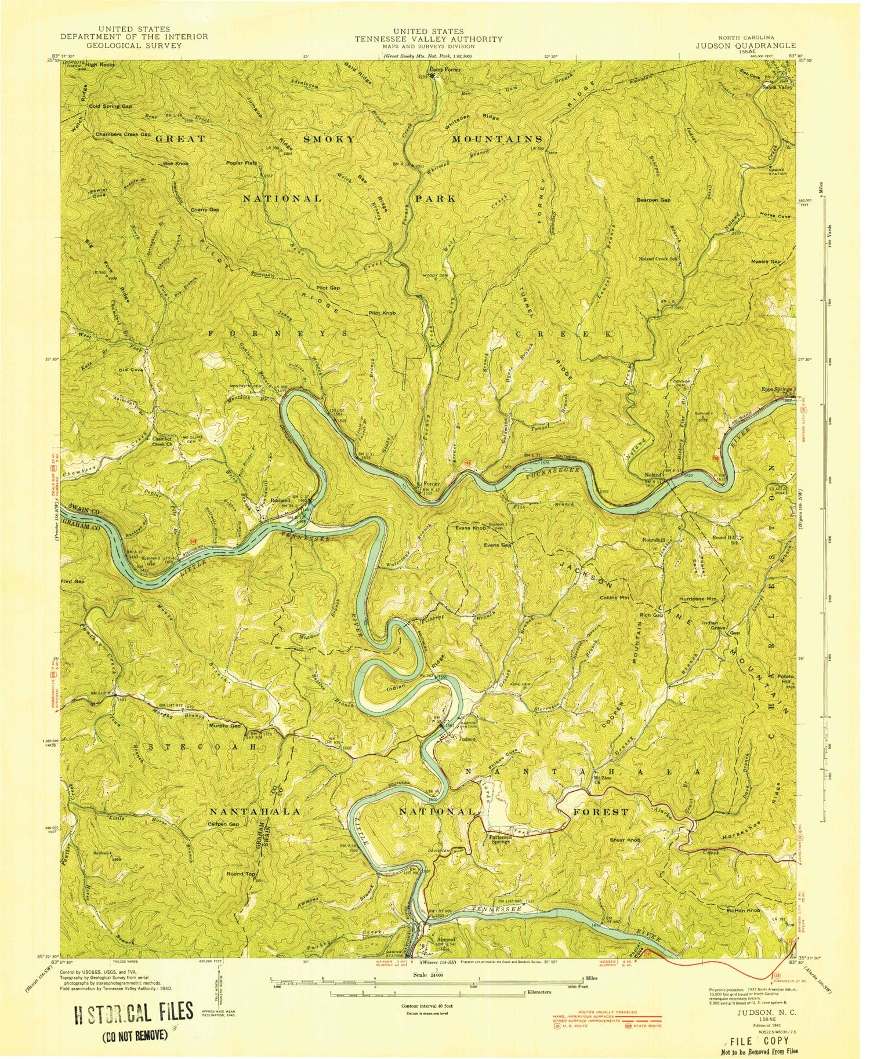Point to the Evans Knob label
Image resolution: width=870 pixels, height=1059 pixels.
(x=470, y=529)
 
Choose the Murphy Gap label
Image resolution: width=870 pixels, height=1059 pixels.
(x=225, y=726)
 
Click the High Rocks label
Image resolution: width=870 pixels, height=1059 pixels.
(x=100, y=65)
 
